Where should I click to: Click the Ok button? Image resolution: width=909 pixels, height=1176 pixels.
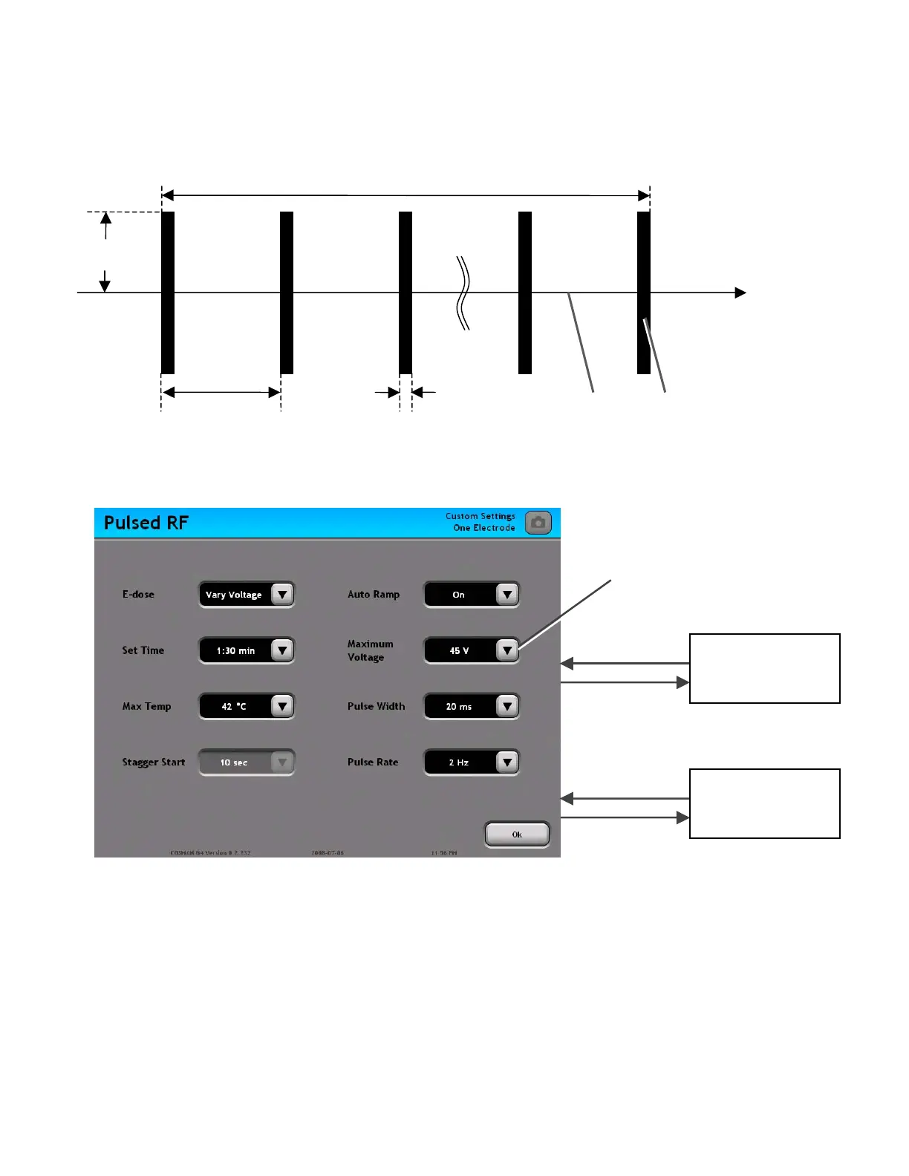(x=517, y=834)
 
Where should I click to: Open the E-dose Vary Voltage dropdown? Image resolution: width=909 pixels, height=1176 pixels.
(x=247, y=595)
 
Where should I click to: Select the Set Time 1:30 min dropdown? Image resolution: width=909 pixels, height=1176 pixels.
(x=247, y=650)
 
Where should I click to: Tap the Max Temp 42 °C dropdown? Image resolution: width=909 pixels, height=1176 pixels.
(x=247, y=706)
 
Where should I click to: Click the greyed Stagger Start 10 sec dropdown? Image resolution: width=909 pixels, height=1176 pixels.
(x=247, y=762)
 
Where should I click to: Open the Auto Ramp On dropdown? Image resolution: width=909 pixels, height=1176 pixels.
(x=472, y=595)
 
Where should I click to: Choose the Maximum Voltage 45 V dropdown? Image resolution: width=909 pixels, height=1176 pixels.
(x=472, y=650)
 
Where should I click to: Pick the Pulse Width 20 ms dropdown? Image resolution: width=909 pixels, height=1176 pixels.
(x=472, y=706)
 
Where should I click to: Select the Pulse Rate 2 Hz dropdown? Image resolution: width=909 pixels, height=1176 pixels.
(x=472, y=762)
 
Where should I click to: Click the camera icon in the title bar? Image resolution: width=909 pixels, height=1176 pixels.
(x=538, y=523)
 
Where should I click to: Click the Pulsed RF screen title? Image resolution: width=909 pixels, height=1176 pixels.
(x=146, y=523)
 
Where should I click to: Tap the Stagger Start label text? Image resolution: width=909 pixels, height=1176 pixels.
(x=154, y=762)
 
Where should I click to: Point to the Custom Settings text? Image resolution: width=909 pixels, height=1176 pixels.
(x=480, y=516)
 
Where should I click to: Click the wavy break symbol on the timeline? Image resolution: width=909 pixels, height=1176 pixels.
(x=463, y=293)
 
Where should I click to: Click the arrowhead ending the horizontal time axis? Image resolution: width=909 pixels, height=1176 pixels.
(x=740, y=293)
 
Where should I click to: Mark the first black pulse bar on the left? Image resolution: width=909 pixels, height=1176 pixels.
(x=168, y=293)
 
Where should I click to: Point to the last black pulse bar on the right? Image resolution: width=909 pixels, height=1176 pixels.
(x=644, y=293)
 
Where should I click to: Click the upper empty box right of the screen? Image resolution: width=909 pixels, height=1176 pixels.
(x=765, y=668)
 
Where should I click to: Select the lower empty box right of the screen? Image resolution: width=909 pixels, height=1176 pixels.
(x=765, y=803)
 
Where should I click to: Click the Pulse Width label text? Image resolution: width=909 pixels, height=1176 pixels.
(x=377, y=706)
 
